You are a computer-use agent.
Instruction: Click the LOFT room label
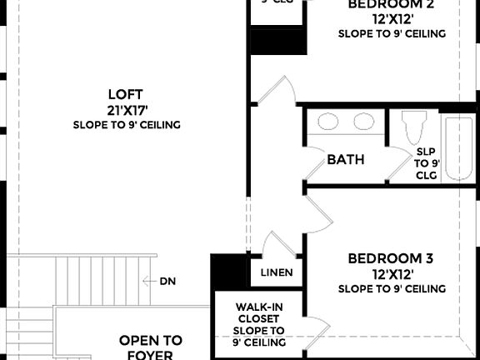(127, 93)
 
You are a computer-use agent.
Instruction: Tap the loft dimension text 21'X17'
(127, 109)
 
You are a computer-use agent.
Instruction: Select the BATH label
(345, 159)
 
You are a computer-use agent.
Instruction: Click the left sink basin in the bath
(327, 122)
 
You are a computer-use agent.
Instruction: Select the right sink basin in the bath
(363, 122)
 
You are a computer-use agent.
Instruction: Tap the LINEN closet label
(277, 272)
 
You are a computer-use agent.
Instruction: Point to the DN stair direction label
(167, 282)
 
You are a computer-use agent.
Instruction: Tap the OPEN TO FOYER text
(150, 347)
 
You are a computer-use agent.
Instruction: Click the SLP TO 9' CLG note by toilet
(427, 163)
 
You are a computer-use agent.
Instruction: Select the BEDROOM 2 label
(392, 4)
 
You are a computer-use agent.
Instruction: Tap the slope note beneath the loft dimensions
(127, 125)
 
